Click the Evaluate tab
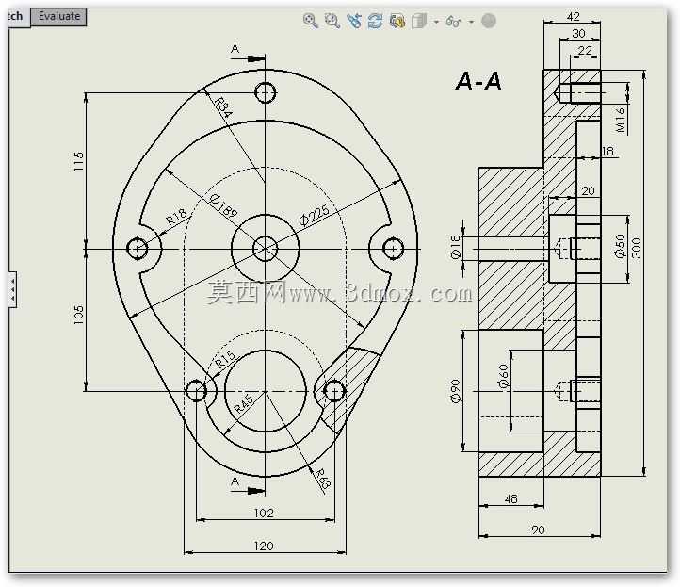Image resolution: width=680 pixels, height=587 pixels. point(58,17)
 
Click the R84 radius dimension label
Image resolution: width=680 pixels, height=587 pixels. point(223,108)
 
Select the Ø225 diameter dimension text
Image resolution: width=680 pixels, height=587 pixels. point(315,215)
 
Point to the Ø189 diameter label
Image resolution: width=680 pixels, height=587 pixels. point(224,205)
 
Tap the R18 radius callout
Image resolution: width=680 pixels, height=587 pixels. point(176,216)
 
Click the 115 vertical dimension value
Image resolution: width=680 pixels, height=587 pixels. point(78,161)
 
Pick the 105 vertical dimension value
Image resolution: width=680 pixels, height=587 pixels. point(78,315)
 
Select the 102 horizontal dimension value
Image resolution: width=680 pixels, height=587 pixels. point(264,514)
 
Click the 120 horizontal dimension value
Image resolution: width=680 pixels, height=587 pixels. point(264,546)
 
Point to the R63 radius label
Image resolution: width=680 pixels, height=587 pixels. point(323,479)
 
